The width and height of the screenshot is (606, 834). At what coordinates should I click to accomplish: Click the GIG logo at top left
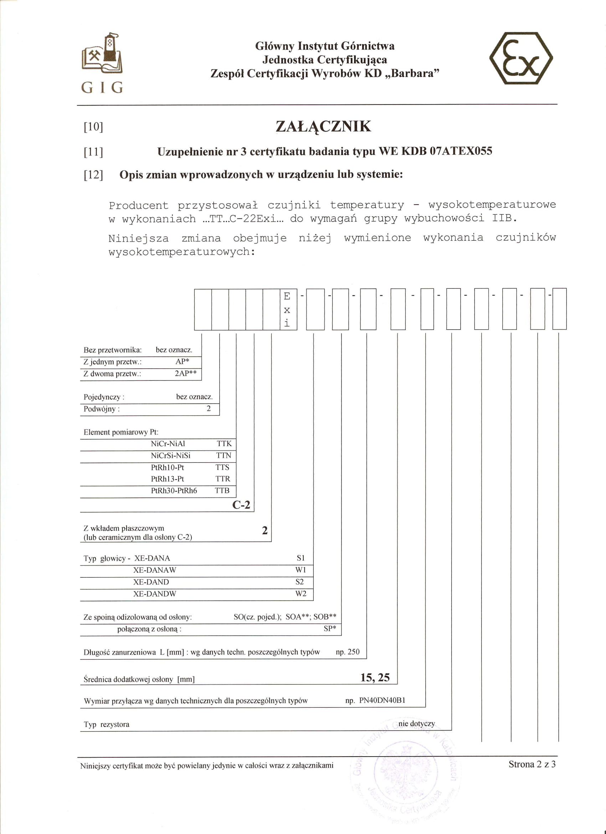pos(102,63)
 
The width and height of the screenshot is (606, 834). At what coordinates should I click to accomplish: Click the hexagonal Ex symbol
pos(521,58)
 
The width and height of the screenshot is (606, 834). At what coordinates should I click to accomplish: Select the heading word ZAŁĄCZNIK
pos(323,127)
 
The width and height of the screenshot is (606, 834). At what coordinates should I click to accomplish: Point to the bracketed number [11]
pos(93,152)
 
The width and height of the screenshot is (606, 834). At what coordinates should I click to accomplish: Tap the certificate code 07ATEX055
pos(461,151)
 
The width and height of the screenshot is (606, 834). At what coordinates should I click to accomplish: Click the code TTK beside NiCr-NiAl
pos(224,444)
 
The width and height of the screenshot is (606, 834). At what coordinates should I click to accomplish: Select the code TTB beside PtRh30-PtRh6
pos(222,491)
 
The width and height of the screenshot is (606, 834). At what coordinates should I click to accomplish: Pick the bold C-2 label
pos(241,505)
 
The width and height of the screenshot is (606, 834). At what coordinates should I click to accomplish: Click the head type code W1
pos(301,570)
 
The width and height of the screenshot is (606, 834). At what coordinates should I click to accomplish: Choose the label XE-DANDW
pos(154,594)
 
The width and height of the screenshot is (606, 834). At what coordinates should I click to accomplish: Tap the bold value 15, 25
pos(375,677)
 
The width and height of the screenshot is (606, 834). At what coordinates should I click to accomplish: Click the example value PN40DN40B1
pos(382,700)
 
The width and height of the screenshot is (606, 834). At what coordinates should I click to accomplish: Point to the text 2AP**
pos(186,373)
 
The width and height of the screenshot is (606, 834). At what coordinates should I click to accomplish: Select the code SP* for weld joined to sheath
pos(330,629)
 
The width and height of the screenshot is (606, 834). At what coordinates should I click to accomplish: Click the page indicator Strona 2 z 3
pos(532,764)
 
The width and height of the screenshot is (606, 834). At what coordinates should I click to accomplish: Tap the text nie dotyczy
pos(417,723)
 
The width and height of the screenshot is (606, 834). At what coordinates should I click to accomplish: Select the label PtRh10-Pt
pos(167,467)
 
